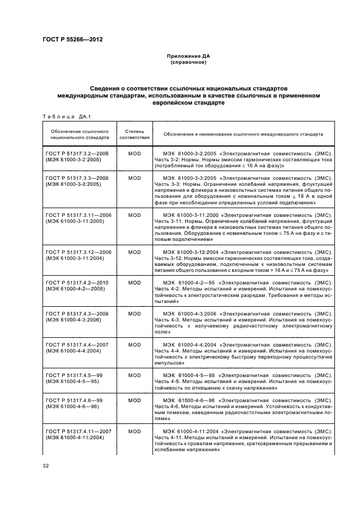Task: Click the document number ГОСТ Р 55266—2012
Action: (72, 40)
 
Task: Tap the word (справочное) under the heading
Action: (187, 62)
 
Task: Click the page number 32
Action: (46, 465)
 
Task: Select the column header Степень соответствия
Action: (134, 135)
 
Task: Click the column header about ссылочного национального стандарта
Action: (80, 135)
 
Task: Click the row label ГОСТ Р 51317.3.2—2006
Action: (78, 154)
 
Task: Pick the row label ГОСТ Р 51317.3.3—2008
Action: (78, 178)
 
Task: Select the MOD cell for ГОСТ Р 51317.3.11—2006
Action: (134, 215)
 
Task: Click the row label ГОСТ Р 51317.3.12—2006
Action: (78, 252)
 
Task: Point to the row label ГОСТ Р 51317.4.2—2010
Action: (78, 283)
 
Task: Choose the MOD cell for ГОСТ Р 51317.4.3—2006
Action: (134, 314)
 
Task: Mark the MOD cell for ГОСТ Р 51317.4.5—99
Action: (134, 375)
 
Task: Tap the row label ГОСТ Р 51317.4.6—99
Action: (74, 400)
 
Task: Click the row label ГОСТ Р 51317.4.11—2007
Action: (78, 431)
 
